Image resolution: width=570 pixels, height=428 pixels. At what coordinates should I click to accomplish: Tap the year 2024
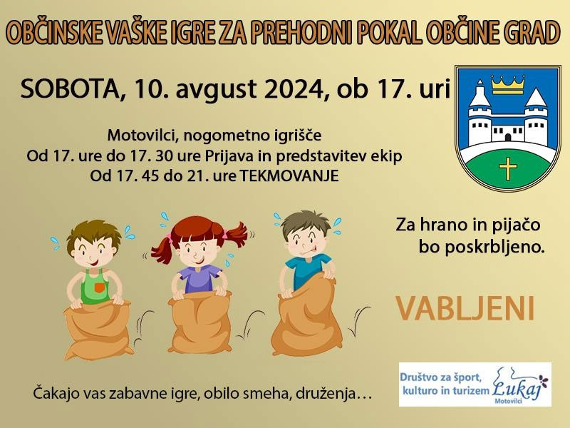(294, 88)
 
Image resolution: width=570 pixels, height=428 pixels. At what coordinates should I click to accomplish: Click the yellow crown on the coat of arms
(508, 84)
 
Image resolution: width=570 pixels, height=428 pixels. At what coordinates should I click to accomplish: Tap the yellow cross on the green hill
(508, 168)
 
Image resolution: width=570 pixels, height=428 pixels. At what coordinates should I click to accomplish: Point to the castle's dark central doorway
(508, 137)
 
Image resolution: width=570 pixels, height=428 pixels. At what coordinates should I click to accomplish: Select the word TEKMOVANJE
(289, 175)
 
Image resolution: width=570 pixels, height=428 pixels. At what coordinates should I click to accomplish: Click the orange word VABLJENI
(465, 308)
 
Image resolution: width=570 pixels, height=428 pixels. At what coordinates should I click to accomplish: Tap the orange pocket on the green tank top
(99, 288)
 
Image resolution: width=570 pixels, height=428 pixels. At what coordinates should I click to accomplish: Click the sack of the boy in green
(98, 330)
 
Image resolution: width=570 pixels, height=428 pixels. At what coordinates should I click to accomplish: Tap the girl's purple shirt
(200, 279)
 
